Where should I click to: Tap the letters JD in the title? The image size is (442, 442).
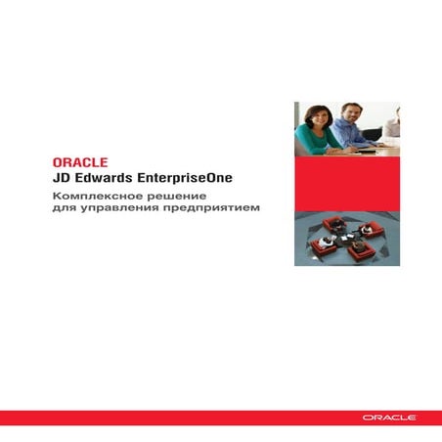point(62,179)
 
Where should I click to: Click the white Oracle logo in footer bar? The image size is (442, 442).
point(389,418)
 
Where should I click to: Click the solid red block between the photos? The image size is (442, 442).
point(347,183)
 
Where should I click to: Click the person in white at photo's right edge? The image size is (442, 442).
point(393,127)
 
